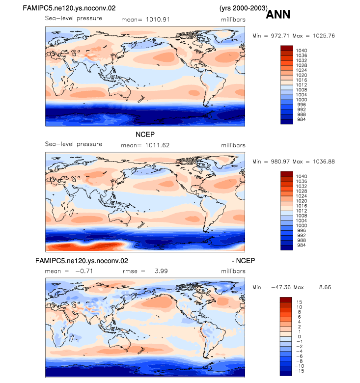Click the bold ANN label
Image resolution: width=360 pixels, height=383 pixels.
[278, 14]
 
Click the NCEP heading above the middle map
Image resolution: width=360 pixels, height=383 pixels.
[145, 135]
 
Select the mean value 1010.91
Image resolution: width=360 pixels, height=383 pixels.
[158, 20]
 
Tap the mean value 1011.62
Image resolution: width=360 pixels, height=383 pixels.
[157, 145]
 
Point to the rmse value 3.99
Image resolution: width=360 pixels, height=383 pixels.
[161, 271]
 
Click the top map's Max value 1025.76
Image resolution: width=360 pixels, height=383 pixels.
[324, 36]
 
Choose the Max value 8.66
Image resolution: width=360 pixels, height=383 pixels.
[325, 287]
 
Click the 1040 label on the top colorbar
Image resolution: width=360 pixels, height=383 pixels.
[302, 51]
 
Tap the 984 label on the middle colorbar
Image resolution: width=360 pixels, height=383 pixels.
[302, 245]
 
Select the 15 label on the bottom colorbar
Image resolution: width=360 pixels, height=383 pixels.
[299, 302]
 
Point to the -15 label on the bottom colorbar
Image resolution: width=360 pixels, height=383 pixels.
[299, 371]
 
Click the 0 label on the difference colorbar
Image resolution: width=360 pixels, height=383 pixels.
[300, 336]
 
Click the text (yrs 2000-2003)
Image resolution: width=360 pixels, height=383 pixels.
[243, 8]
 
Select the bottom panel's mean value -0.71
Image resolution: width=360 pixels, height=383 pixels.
[84, 271]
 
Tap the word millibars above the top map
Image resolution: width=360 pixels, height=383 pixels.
[233, 20]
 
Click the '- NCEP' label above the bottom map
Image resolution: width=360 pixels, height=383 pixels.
[243, 261]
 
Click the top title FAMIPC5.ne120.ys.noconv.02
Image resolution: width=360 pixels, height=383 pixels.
[69, 8]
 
